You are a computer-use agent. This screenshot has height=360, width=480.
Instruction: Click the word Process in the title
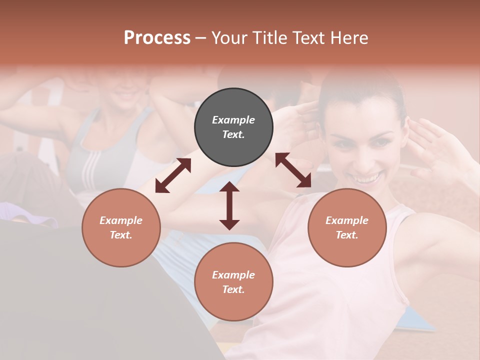click(157, 38)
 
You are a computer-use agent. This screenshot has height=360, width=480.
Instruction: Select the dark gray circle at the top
click(233, 127)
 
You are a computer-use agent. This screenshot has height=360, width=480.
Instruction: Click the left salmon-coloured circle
click(121, 227)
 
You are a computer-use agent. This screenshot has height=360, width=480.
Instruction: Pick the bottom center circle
click(233, 282)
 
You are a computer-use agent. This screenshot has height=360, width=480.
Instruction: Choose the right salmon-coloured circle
click(347, 227)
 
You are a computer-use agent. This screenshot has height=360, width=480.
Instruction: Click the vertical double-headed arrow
click(229, 205)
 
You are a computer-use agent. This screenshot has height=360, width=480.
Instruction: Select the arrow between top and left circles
click(173, 175)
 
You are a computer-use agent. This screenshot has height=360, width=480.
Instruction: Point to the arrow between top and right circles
click(293, 170)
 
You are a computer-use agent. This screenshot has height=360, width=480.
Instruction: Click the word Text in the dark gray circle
click(233, 134)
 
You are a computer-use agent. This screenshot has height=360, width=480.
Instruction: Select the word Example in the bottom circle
click(233, 275)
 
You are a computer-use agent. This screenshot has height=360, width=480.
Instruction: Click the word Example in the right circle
click(347, 220)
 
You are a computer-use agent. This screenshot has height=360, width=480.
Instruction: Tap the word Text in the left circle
click(121, 235)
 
